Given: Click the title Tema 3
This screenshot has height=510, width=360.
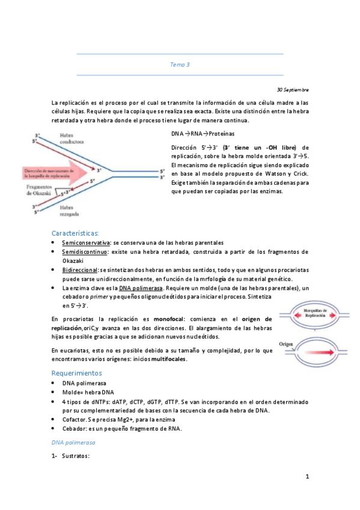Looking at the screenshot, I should [x=180, y=64].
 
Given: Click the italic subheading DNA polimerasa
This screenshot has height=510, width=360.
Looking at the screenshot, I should [x=73, y=442].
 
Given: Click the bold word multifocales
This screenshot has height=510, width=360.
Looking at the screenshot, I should [x=168, y=359].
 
